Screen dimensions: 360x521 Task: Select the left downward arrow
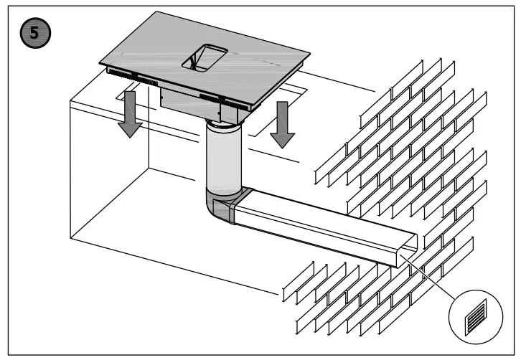(x=130, y=113)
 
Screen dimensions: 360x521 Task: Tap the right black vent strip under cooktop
(x=219, y=98)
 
